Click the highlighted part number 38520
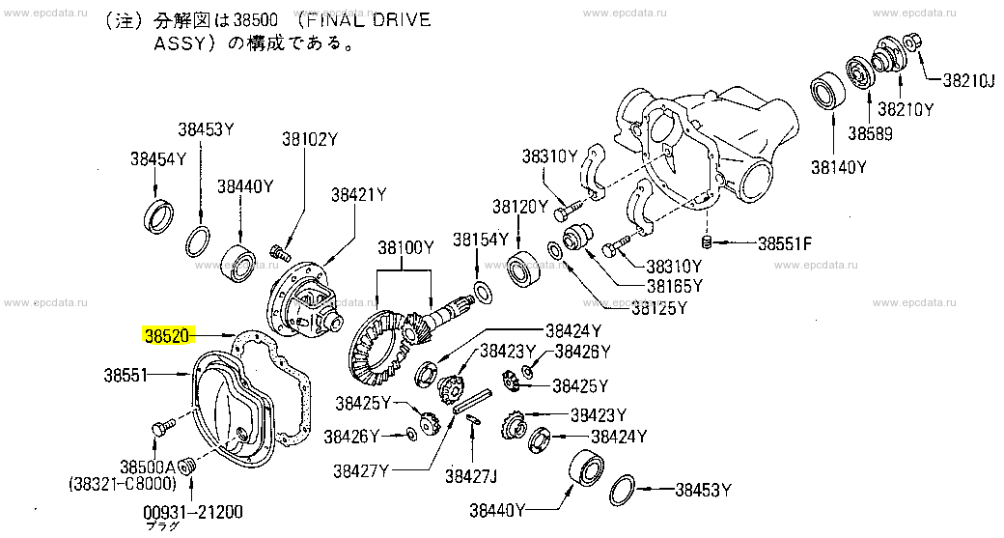pyautogui.click(x=166, y=336)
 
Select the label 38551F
pyautogui.click(x=784, y=243)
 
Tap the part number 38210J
pyautogui.click(x=967, y=80)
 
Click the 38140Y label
pyautogui.click(x=838, y=166)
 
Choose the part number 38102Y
pyautogui.click(x=310, y=139)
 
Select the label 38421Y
pyautogui.click(x=358, y=194)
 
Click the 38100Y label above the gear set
pyautogui.click(x=405, y=248)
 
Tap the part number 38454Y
pyautogui.click(x=158, y=159)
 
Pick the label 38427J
pyautogui.click(x=471, y=474)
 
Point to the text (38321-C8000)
pyautogui.click(x=122, y=482)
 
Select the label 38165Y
pyautogui.click(x=675, y=286)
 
